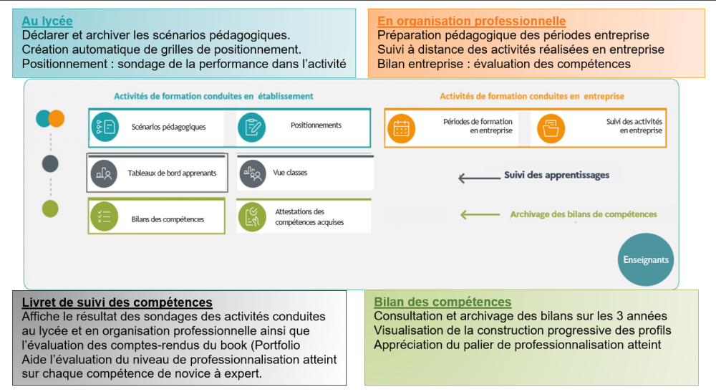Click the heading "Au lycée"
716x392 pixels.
point(47,21)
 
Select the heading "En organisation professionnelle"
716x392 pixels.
point(471,21)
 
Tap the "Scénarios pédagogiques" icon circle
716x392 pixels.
point(105,128)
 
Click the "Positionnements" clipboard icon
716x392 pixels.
point(252,128)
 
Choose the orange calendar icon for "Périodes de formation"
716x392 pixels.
point(402,128)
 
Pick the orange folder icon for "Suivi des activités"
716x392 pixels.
point(551,128)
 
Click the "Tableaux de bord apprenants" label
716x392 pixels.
point(172,173)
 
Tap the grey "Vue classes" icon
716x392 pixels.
point(252,173)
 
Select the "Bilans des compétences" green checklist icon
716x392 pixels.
point(105,215)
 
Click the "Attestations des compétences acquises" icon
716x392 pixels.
point(252,216)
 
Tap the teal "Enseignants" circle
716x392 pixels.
point(645,259)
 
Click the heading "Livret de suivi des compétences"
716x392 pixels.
point(117,302)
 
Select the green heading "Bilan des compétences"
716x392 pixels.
point(442,302)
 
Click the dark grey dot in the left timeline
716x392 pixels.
point(50,163)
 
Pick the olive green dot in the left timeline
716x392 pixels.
point(50,209)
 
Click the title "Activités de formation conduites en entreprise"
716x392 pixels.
point(532,96)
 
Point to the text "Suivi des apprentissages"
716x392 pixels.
point(556,175)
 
